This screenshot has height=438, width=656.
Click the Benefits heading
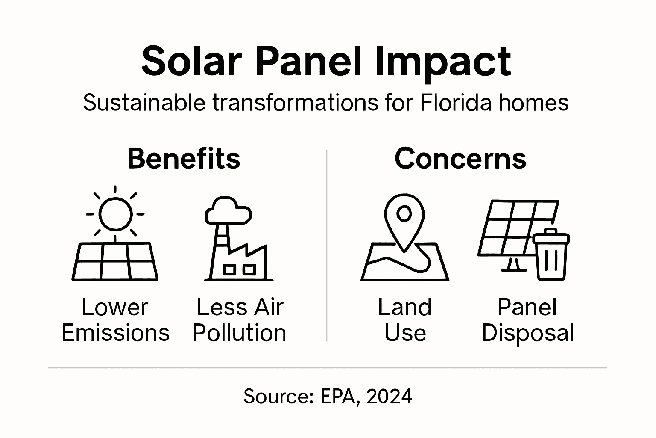184,158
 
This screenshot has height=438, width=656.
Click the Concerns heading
460,158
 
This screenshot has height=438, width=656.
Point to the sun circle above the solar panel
115,214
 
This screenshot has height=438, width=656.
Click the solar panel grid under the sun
115,261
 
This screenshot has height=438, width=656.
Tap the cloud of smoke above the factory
228,210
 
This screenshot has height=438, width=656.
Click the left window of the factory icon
229,269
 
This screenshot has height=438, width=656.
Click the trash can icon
551,255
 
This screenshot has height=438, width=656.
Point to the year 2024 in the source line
389,397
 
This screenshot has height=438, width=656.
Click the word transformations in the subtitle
295,103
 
